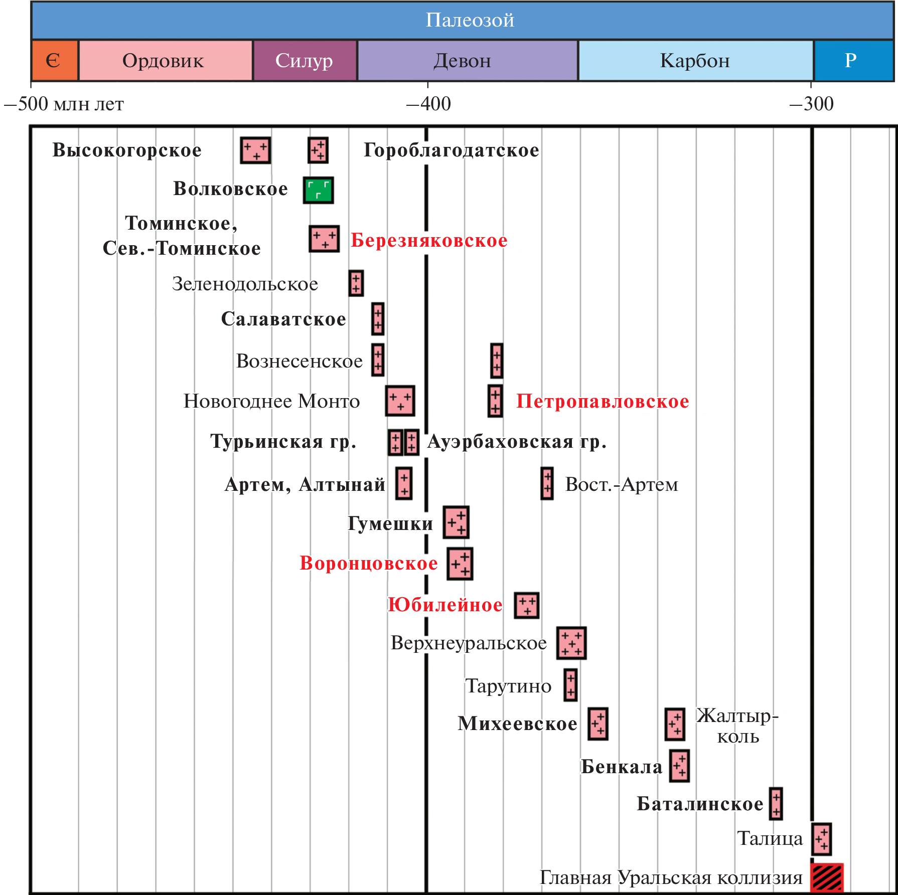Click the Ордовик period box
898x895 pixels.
click(165, 61)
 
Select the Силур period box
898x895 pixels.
click(305, 61)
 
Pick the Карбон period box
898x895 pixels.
click(695, 61)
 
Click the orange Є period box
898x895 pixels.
click(54, 61)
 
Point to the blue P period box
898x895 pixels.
click(852, 61)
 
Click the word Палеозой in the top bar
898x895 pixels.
click(470, 20)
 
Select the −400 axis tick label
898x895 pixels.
click(428, 104)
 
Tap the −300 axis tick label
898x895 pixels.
click(811, 104)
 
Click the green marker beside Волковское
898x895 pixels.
click(318, 190)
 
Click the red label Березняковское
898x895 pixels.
click(429, 240)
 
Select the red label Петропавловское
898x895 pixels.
click(603, 401)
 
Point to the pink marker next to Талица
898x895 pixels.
click(822, 839)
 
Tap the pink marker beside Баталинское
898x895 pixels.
click(776, 804)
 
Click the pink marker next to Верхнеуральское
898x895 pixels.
click(571, 643)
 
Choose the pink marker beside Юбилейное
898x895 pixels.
click(527, 605)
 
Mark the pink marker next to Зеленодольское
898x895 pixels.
click(356, 283)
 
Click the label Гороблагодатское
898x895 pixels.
click(451, 150)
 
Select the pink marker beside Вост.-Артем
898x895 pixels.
click(547, 483)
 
